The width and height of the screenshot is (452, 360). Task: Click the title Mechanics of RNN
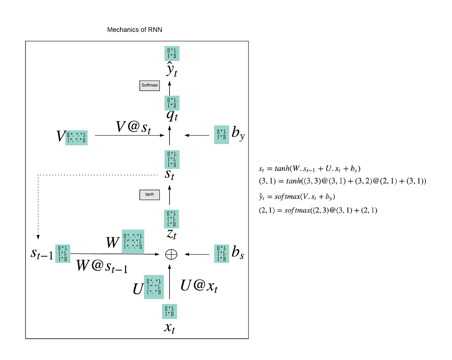135,30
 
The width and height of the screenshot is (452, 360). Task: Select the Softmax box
149,85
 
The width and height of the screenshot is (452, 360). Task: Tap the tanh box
149,195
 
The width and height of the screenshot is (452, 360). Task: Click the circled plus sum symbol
171,255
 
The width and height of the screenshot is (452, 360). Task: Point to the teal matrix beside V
77,138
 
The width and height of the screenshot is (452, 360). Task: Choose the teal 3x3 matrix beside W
133,241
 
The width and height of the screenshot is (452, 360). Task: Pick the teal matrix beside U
154,287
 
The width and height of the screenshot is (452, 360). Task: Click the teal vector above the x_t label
169,311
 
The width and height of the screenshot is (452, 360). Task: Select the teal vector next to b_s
222,254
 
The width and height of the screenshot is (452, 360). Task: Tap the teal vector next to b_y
222,135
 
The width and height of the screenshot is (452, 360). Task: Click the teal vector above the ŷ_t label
172,54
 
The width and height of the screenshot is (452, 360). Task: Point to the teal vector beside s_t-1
63,254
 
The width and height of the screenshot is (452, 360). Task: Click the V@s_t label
133,127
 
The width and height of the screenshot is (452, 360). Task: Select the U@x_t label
199,286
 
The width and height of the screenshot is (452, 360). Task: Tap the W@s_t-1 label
102,266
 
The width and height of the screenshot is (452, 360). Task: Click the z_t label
171,234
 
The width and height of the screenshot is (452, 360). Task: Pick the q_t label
172,115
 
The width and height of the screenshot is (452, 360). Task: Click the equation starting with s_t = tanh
309,169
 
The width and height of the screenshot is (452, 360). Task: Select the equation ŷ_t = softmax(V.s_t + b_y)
297,196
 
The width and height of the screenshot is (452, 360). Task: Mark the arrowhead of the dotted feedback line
38,237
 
